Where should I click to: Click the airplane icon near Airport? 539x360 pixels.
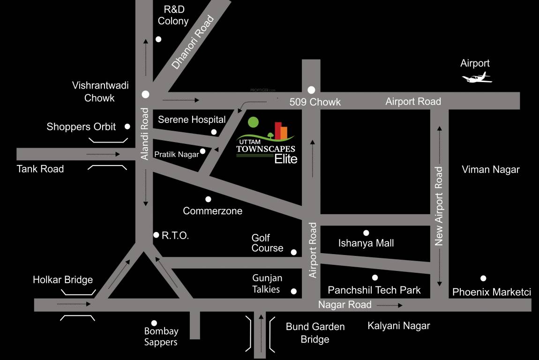coord(477,78)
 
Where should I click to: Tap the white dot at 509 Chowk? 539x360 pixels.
coord(311,90)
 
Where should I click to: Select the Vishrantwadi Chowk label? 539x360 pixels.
coord(100,91)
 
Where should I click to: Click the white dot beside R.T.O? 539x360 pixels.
coord(156,235)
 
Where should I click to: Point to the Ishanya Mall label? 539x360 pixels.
coord(366,243)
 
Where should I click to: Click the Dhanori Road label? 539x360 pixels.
coord(193,43)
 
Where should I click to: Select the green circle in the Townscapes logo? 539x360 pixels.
coord(253,122)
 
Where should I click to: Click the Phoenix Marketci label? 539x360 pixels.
coord(491,292)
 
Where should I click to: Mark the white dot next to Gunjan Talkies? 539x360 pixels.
coord(294,291)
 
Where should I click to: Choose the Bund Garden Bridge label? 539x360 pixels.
coord(315,333)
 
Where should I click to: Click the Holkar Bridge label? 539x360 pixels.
coord(63,280)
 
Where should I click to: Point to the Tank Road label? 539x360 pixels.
coord(40,169)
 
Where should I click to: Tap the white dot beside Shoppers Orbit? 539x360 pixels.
coord(127,127)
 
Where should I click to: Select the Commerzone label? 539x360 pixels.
coord(212,211)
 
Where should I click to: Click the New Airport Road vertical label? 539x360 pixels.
coord(439,206)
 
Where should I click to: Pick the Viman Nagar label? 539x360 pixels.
coord(490,170)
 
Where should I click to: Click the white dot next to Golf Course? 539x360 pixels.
coord(294,252)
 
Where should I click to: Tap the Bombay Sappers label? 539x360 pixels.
coord(161,337)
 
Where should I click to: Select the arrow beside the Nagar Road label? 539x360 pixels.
coord(389,305)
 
